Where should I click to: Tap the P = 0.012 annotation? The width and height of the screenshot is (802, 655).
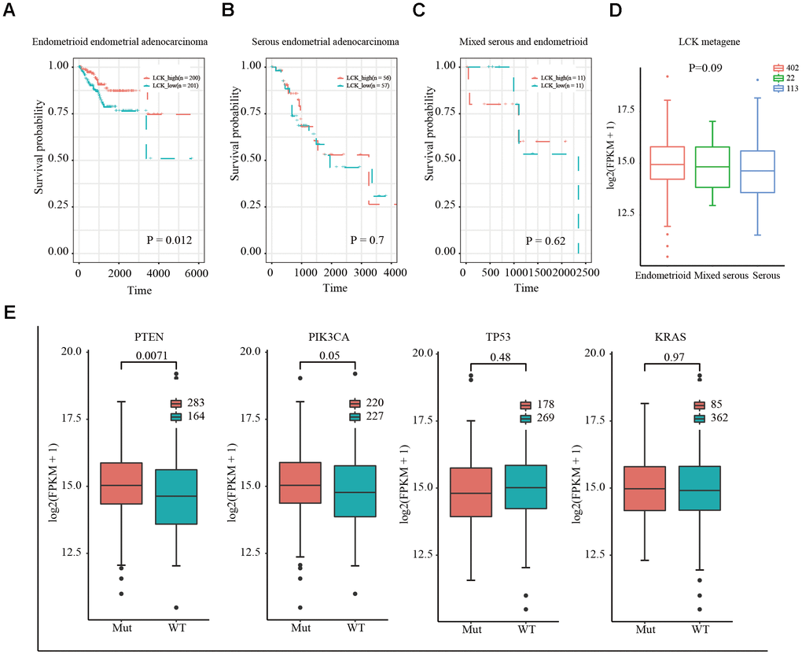pyautogui.click(x=160, y=240)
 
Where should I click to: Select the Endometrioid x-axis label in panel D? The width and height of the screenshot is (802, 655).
pyautogui.click(x=662, y=277)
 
